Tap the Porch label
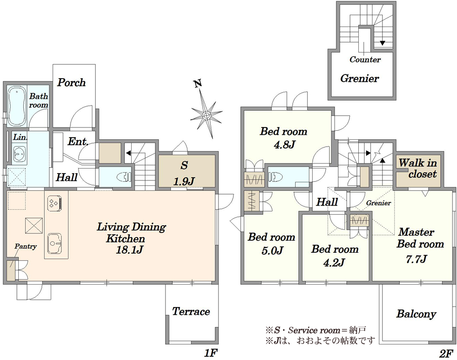(71, 82)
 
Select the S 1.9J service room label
(184, 174)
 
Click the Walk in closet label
(418, 168)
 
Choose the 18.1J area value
(129, 250)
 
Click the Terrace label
(191, 312)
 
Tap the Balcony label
(416, 314)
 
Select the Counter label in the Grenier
(365, 59)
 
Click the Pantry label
(26, 246)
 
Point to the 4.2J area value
(334, 262)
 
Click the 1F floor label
(211, 353)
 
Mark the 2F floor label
(446, 353)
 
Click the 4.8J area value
(284, 144)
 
